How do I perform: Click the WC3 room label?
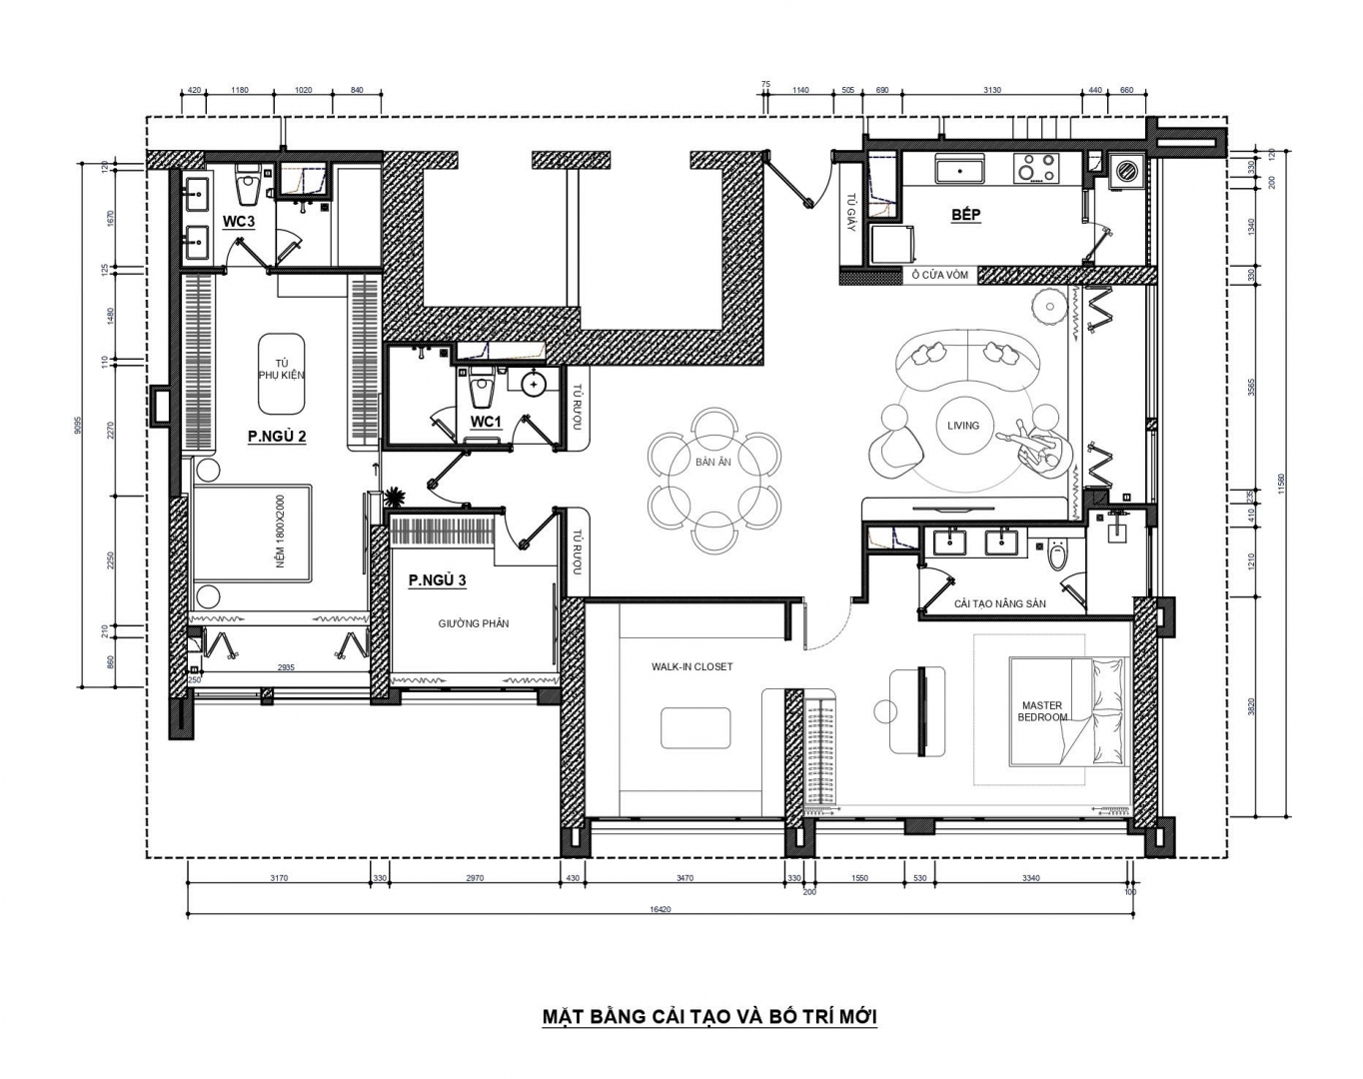tap(239, 222)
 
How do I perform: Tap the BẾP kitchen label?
tap(966, 215)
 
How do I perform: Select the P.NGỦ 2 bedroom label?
tap(278, 437)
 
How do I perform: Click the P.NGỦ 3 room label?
tap(437, 580)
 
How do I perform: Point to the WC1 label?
tap(486, 422)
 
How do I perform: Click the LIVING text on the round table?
tap(963, 426)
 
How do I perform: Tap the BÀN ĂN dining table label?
tap(713, 462)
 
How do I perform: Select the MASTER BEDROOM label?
tap(1042, 711)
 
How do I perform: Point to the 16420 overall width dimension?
tap(660, 910)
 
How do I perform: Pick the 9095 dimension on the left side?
tap(78, 425)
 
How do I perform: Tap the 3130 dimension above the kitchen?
tap(992, 90)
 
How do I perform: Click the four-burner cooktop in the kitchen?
tap(1036, 168)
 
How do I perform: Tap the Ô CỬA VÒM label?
tap(940, 276)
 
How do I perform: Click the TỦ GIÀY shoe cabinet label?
tap(850, 212)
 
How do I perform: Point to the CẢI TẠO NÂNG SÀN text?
tap(1000, 603)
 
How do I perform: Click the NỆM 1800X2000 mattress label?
tap(281, 531)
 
